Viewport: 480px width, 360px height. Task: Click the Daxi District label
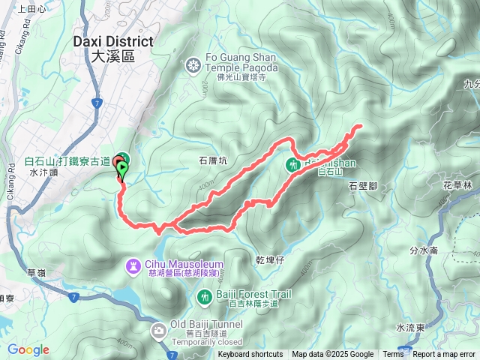pyautogui.click(x=113, y=48)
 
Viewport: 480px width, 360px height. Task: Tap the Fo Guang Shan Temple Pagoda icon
pyautogui.click(x=194, y=66)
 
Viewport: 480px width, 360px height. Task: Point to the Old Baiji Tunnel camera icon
pyautogui.click(x=158, y=330)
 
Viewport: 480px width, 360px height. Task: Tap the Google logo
pyautogui.click(x=28, y=349)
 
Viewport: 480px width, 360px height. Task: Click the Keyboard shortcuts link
pyautogui.click(x=250, y=355)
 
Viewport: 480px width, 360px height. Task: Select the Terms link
pyautogui.click(x=393, y=355)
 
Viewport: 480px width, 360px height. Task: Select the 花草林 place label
pyautogui.click(x=457, y=184)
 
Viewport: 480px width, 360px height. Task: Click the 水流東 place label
pyautogui.click(x=411, y=328)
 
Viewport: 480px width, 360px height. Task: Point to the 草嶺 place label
pyautogui.click(x=35, y=273)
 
